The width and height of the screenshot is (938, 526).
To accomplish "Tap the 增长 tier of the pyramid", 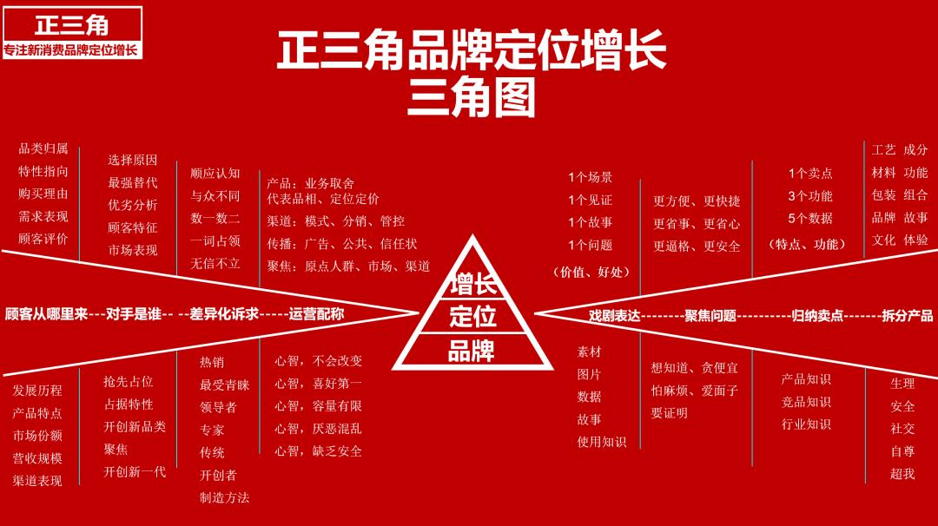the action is pyautogui.click(x=472, y=283).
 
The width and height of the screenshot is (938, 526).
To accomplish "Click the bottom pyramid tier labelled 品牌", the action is pyautogui.click(x=472, y=351).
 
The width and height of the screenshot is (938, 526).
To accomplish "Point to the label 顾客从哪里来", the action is pyautogui.click(x=46, y=314).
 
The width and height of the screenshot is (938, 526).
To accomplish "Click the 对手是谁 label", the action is pyautogui.click(x=134, y=314).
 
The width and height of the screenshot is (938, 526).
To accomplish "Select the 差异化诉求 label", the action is pyautogui.click(x=224, y=314).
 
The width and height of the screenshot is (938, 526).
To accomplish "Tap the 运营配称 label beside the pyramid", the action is pyautogui.click(x=316, y=314).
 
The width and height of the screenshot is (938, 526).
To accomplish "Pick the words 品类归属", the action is pyautogui.click(x=43, y=148).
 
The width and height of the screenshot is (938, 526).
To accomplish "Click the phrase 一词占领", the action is pyautogui.click(x=215, y=241).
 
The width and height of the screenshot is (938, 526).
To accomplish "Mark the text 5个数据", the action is pyautogui.click(x=810, y=219).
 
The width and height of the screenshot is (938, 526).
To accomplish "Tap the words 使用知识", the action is pyautogui.click(x=601, y=442).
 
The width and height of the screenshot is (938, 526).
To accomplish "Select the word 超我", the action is pyautogui.click(x=902, y=474).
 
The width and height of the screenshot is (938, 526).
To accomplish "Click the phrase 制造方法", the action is pyautogui.click(x=224, y=497).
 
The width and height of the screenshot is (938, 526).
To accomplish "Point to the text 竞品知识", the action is pyautogui.click(x=806, y=402).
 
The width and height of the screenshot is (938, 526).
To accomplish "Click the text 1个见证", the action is pyautogui.click(x=591, y=200).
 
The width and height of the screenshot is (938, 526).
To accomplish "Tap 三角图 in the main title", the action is pyautogui.click(x=472, y=98).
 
